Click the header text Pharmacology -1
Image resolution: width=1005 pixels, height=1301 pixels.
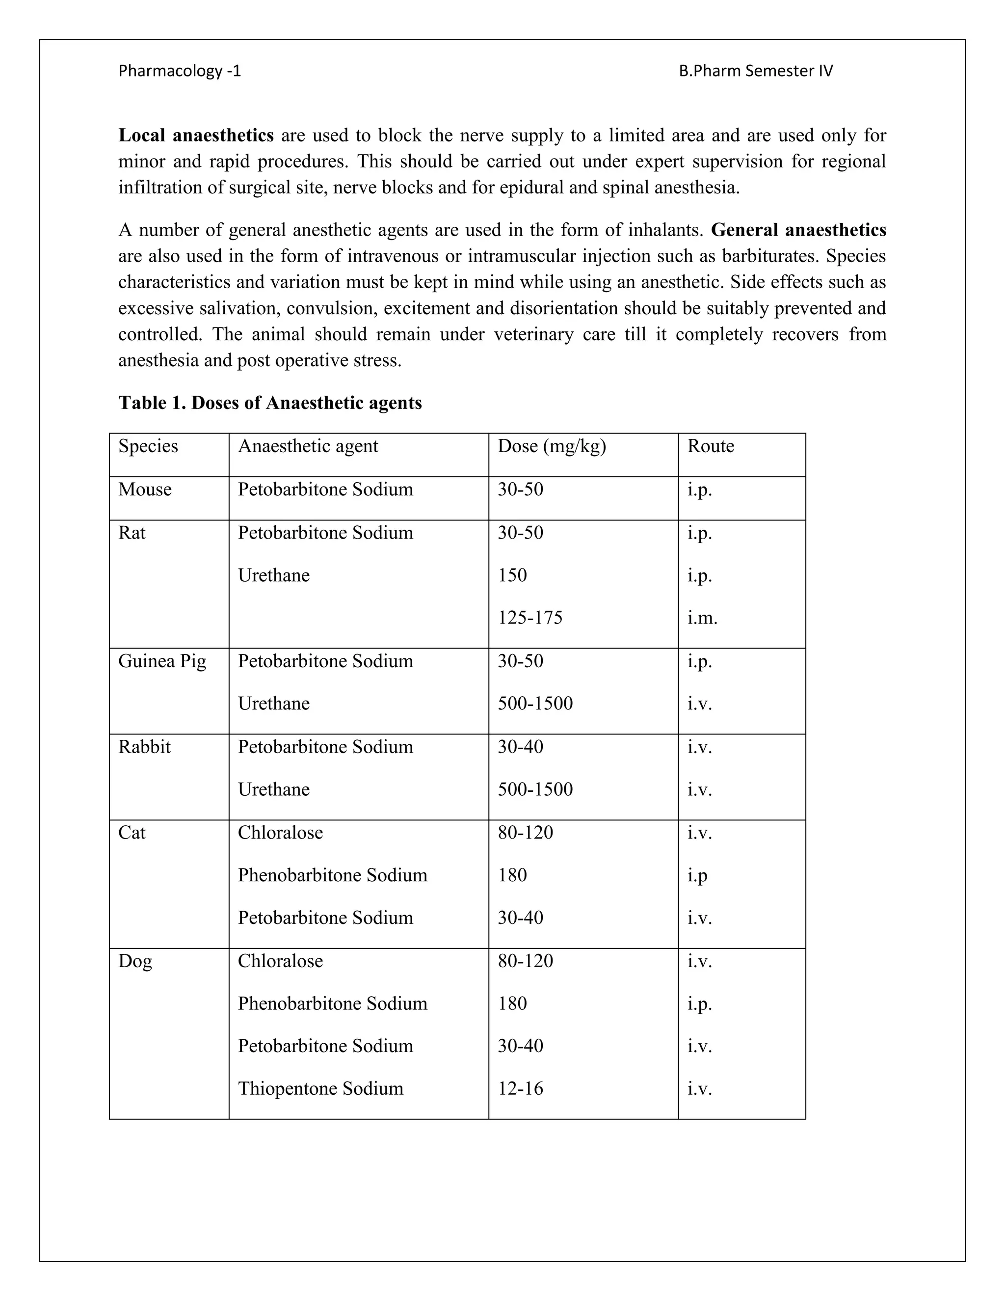179,71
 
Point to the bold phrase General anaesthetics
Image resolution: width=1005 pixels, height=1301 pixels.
798,230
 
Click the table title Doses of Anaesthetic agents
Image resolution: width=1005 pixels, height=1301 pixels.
270,403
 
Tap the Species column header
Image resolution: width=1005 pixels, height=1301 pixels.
148,446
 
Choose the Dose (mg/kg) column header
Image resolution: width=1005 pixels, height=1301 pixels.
551,446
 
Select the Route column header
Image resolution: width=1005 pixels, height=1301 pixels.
710,446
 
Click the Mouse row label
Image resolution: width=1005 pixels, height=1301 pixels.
145,489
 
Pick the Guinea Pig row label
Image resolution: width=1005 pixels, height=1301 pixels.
162,661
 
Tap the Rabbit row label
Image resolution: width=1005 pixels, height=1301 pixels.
144,747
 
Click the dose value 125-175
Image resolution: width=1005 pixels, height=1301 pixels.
530,618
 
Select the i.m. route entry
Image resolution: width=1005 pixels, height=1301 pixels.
702,618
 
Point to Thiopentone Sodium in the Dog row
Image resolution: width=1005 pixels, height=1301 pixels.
320,1089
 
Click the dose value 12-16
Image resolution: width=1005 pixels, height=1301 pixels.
520,1089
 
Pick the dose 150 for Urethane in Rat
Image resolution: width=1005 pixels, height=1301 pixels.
512,575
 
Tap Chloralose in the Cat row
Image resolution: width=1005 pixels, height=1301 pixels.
280,833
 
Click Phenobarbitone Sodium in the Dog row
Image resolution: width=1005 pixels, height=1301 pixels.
332,1004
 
